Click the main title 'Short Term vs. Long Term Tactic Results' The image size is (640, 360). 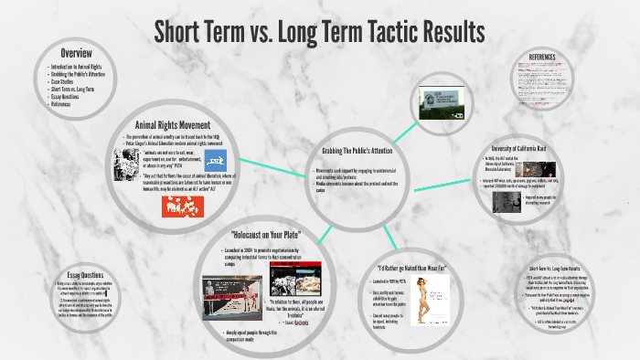tap(319, 31)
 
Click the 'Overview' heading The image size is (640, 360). tap(77, 52)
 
